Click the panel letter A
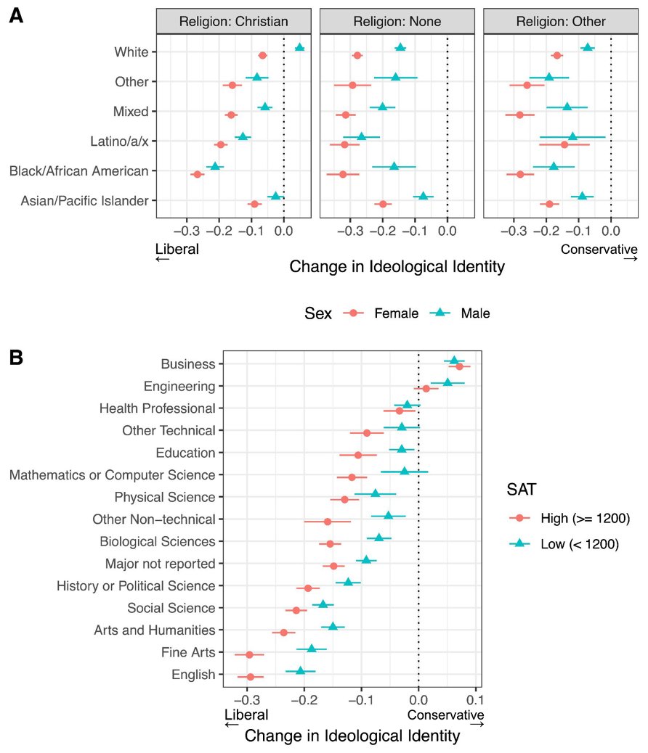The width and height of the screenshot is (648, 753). click(x=15, y=17)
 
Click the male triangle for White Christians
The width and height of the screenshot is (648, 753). click(x=299, y=47)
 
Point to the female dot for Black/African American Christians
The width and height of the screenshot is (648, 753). click(x=197, y=174)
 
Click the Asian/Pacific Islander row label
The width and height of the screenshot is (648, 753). click(x=85, y=201)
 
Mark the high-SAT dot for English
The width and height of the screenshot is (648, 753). click(x=250, y=677)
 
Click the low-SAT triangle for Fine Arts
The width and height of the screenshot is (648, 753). click(x=312, y=649)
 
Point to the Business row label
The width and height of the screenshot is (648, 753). click(x=188, y=364)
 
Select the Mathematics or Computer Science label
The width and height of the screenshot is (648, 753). click(x=113, y=476)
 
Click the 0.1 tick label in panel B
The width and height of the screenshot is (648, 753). click(x=474, y=700)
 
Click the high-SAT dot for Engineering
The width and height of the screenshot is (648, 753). click(x=426, y=389)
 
